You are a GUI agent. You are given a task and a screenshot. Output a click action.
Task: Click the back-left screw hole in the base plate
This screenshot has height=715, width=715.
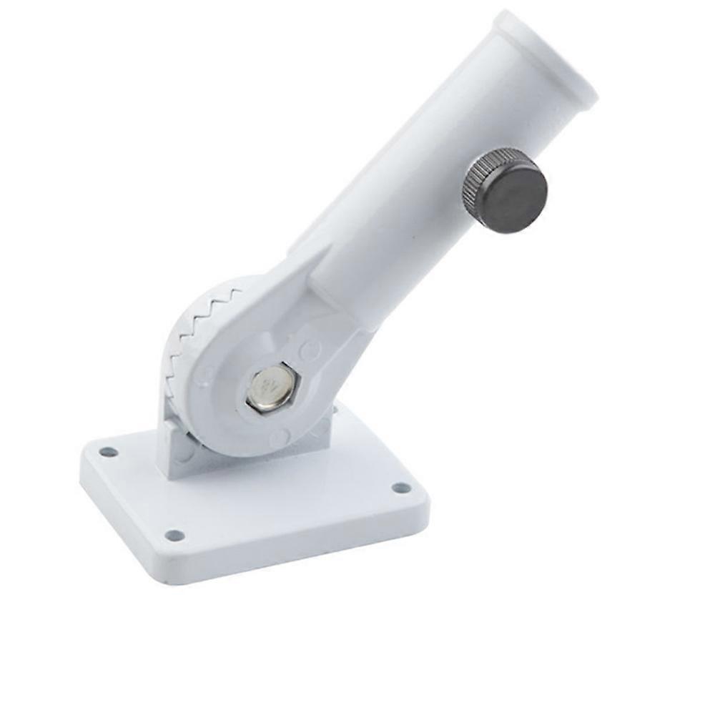click(108, 452)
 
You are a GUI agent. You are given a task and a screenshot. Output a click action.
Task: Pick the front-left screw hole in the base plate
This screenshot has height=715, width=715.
click(174, 535)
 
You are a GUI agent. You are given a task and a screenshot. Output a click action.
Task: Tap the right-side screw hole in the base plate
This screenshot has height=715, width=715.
click(401, 488)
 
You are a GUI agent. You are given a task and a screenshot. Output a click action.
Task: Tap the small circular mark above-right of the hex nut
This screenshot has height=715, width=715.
click(310, 350)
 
